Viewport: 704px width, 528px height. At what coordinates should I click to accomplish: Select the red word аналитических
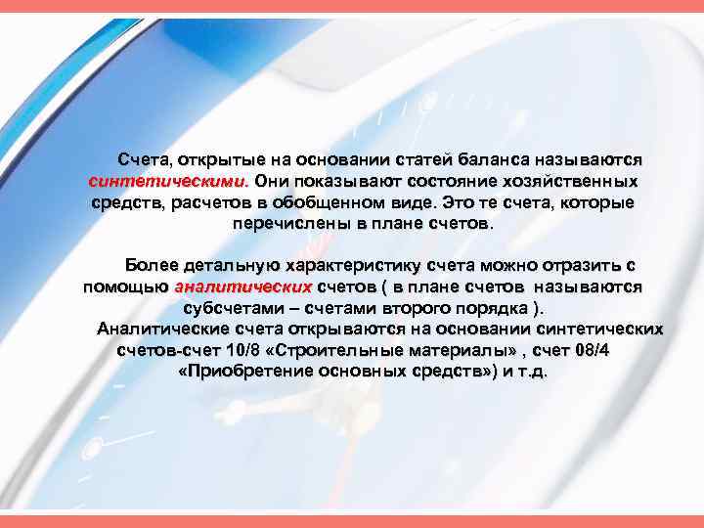coord(242,287)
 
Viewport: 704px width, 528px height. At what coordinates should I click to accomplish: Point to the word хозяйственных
coord(575,181)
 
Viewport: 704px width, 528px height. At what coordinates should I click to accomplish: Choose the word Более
coord(151,266)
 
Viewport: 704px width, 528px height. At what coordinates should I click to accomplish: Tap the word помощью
coord(124,287)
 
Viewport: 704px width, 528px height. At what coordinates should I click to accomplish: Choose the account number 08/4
coord(591,350)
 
